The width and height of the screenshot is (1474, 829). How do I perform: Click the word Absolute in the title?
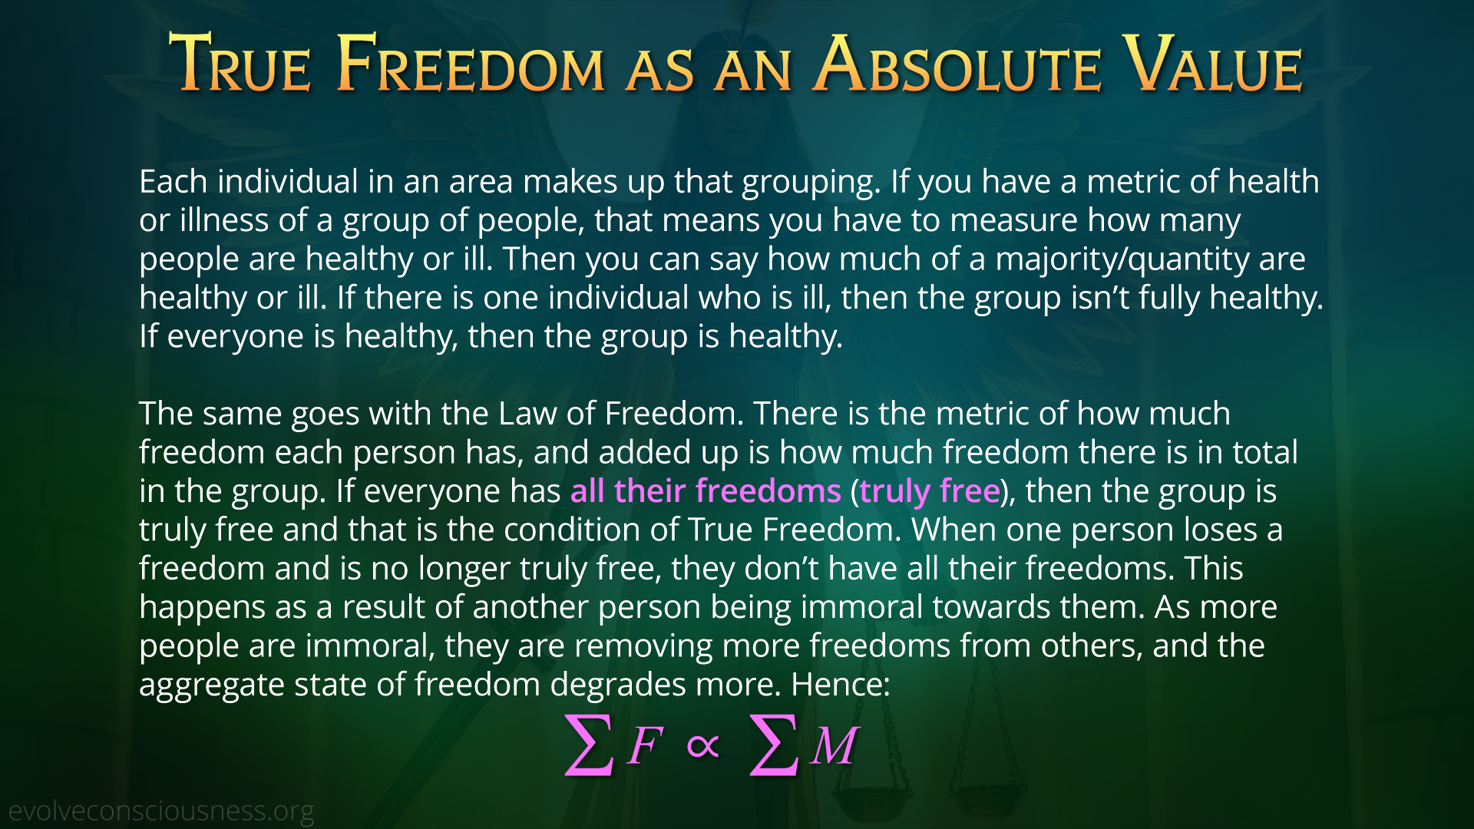(x=959, y=64)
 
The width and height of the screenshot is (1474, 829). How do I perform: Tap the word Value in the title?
(x=1212, y=64)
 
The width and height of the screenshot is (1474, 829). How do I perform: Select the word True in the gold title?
(x=240, y=64)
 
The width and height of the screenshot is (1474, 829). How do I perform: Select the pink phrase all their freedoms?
(x=706, y=491)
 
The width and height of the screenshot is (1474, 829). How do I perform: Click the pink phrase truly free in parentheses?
(x=930, y=492)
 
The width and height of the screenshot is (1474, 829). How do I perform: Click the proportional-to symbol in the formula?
(x=703, y=745)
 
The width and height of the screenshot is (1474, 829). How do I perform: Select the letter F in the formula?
(x=645, y=745)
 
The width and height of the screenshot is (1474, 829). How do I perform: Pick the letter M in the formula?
(x=834, y=745)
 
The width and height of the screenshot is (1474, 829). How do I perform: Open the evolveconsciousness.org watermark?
(x=161, y=811)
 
